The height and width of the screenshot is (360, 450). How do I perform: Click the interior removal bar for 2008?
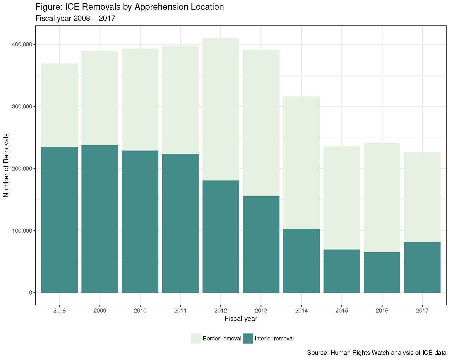click(59, 220)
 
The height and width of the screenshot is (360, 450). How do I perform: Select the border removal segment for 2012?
click(221, 109)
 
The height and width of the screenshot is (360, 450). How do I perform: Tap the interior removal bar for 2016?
click(382, 272)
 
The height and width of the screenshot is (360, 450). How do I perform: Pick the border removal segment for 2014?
click(301, 163)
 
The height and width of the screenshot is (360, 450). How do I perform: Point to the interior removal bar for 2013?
click(261, 244)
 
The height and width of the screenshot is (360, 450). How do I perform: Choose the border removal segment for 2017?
click(422, 197)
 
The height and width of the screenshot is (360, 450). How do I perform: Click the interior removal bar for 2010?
click(140, 221)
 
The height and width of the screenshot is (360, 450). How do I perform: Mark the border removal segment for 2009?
click(100, 98)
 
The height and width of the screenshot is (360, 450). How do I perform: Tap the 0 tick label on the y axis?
click(30, 293)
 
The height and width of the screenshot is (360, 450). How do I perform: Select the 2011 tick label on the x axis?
click(180, 311)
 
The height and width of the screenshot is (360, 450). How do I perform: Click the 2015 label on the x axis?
click(342, 311)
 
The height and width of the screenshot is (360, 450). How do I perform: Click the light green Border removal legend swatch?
click(196, 339)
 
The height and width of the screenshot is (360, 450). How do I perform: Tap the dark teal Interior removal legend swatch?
click(248, 339)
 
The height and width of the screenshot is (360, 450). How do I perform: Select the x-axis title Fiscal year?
click(241, 319)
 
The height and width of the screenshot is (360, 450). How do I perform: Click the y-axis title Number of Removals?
click(6, 165)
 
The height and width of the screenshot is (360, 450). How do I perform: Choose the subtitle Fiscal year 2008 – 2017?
click(75, 19)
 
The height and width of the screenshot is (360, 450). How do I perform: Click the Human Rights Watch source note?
click(376, 353)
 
